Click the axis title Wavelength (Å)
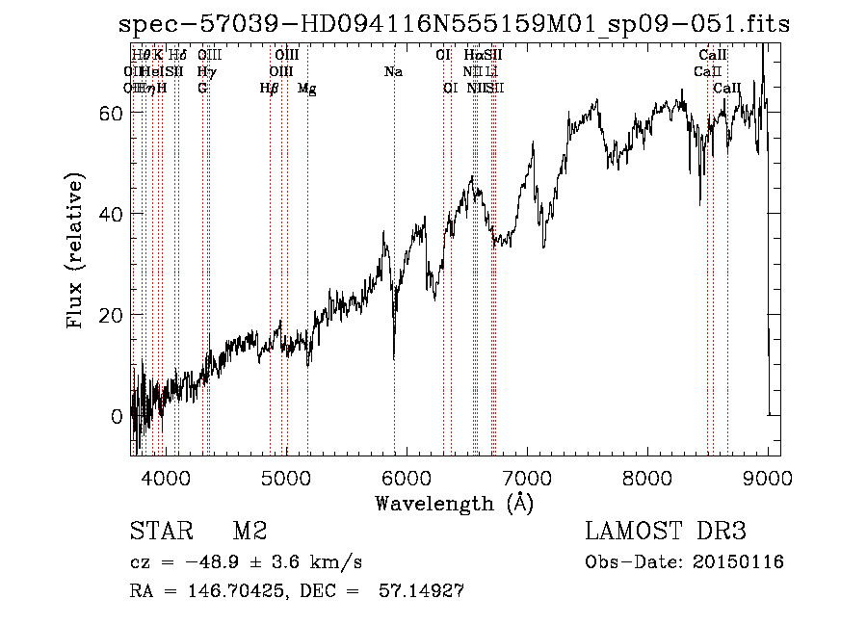[x=454, y=503]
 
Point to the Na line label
[x=393, y=72]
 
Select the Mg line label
[x=307, y=89]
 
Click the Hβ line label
[x=270, y=89]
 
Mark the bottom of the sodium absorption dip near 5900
[x=394, y=358]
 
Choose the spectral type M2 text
[x=250, y=532]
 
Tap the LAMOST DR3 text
[x=666, y=532]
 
